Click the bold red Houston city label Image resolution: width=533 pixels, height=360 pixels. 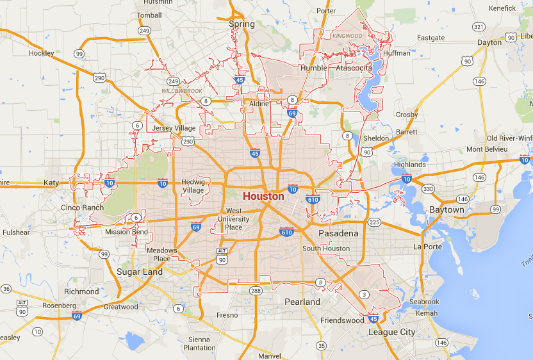[x=263, y=196]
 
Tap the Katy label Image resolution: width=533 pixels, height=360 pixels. [x=51, y=183]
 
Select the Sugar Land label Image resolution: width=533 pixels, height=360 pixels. [x=140, y=272]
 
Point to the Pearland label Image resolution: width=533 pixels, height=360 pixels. [x=302, y=301]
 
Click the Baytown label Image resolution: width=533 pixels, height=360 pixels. [x=447, y=209]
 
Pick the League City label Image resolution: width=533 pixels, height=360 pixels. [x=391, y=332]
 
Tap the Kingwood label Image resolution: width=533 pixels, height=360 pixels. [x=347, y=36]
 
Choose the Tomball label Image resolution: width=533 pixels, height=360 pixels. [x=149, y=15]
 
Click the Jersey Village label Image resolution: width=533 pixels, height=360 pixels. [x=174, y=128]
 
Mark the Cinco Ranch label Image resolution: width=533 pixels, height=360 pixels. [x=82, y=208]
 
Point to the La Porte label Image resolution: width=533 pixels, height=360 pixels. [x=428, y=246]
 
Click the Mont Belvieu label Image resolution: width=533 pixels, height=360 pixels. [x=487, y=149]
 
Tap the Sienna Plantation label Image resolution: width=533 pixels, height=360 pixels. [x=199, y=343]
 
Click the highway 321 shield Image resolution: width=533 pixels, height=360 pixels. [x=478, y=27]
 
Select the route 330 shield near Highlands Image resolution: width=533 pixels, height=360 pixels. [x=428, y=188]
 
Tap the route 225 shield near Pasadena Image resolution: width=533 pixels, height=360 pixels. [x=375, y=222]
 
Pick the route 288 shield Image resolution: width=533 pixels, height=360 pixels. [x=254, y=291]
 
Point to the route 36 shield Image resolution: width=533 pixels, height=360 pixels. [x=6, y=288]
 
